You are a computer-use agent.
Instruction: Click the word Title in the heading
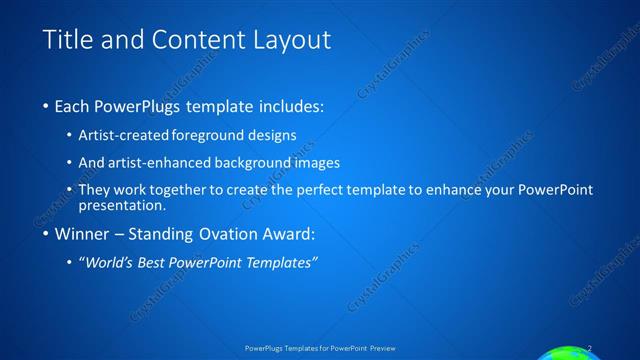pyautogui.click(x=67, y=40)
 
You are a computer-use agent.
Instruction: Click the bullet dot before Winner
pyautogui.click(x=47, y=236)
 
